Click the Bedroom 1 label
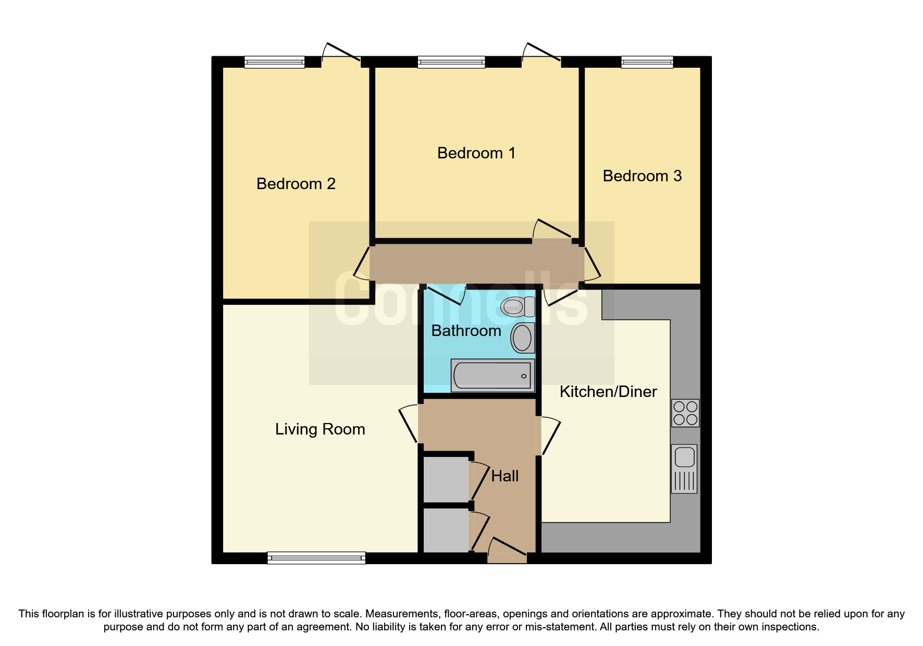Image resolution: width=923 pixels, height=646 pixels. (x=476, y=153)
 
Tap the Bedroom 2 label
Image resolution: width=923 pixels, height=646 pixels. (x=296, y=184)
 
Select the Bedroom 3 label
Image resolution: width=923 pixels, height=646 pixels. (x=642, y=176)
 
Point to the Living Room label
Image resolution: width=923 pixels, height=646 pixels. (x=320, y=429)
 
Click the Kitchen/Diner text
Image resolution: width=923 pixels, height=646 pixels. (x=608, y=392)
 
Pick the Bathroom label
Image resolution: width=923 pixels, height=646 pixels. (x=466, y=331)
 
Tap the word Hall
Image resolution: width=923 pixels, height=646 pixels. (x=504, y=476)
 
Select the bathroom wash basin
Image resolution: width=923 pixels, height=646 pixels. (x=523, y=338)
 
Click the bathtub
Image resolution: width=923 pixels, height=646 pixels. (x=492, y=375)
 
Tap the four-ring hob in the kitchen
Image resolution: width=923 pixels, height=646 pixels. (x=685, y=413)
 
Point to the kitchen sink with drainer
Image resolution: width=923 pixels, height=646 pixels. (x=684, y=468)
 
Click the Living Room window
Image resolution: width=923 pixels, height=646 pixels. (x=316, y=558)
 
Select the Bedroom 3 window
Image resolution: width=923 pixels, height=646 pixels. (x=647, y=62)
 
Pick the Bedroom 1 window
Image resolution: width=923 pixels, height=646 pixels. (x=451, y=63)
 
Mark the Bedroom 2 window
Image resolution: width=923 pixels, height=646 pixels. (x=274, y=63)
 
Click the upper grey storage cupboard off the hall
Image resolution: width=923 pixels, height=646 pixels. (x=446, y=479)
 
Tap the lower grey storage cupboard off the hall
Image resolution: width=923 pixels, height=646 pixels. (x=446, y=530)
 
